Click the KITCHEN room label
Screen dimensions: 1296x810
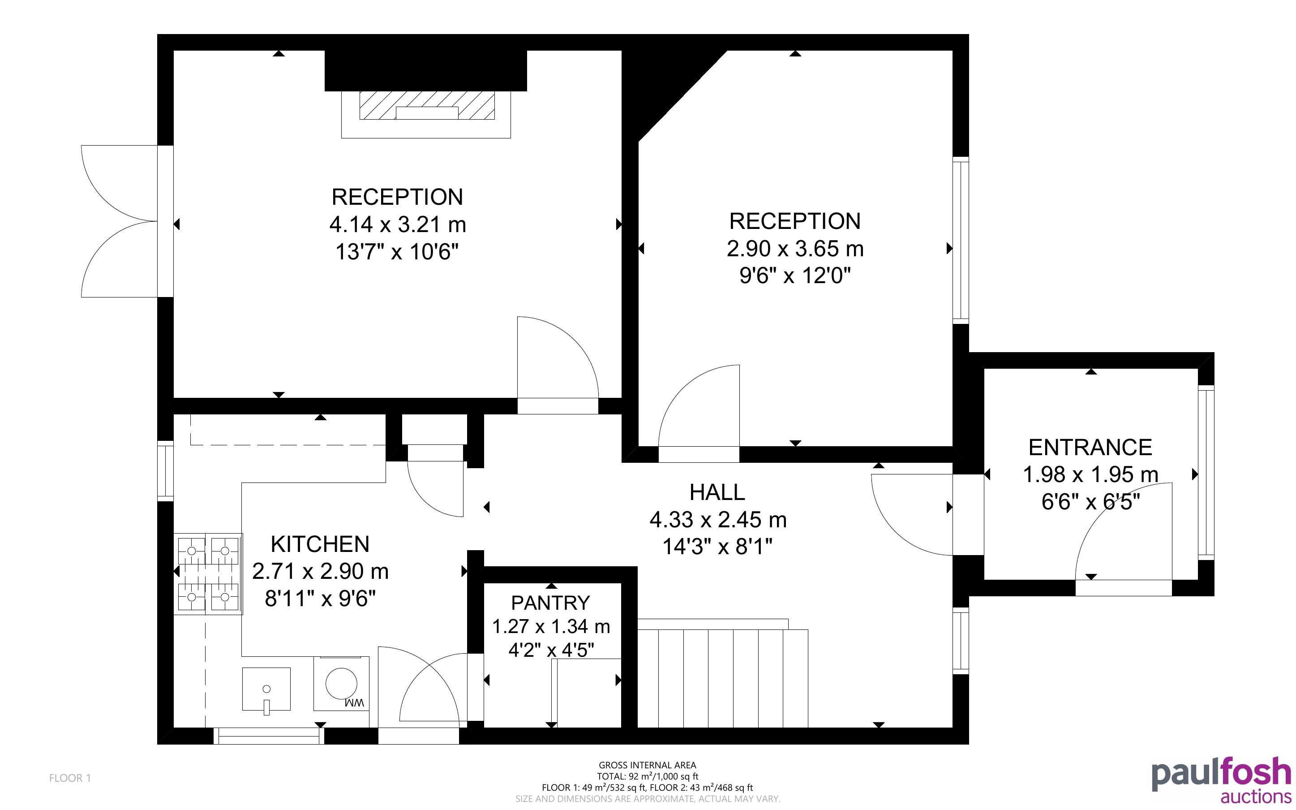(320, 544)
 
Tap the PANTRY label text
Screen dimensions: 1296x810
(550, 603)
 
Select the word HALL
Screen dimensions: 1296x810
(717, 492)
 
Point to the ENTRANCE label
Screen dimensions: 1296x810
(1090, 447)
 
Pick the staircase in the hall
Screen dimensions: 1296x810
(723, 673)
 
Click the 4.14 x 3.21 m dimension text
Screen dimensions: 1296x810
(398, 224)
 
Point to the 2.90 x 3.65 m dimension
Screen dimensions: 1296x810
(795, 249)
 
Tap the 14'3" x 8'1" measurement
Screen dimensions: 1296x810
(717, 547)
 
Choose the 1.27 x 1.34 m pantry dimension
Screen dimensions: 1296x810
(551, 626)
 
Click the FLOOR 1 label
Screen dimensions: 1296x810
(70, 778)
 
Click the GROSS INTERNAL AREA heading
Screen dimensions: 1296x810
(647, 766)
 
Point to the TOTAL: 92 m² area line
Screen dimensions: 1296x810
(648, 776)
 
